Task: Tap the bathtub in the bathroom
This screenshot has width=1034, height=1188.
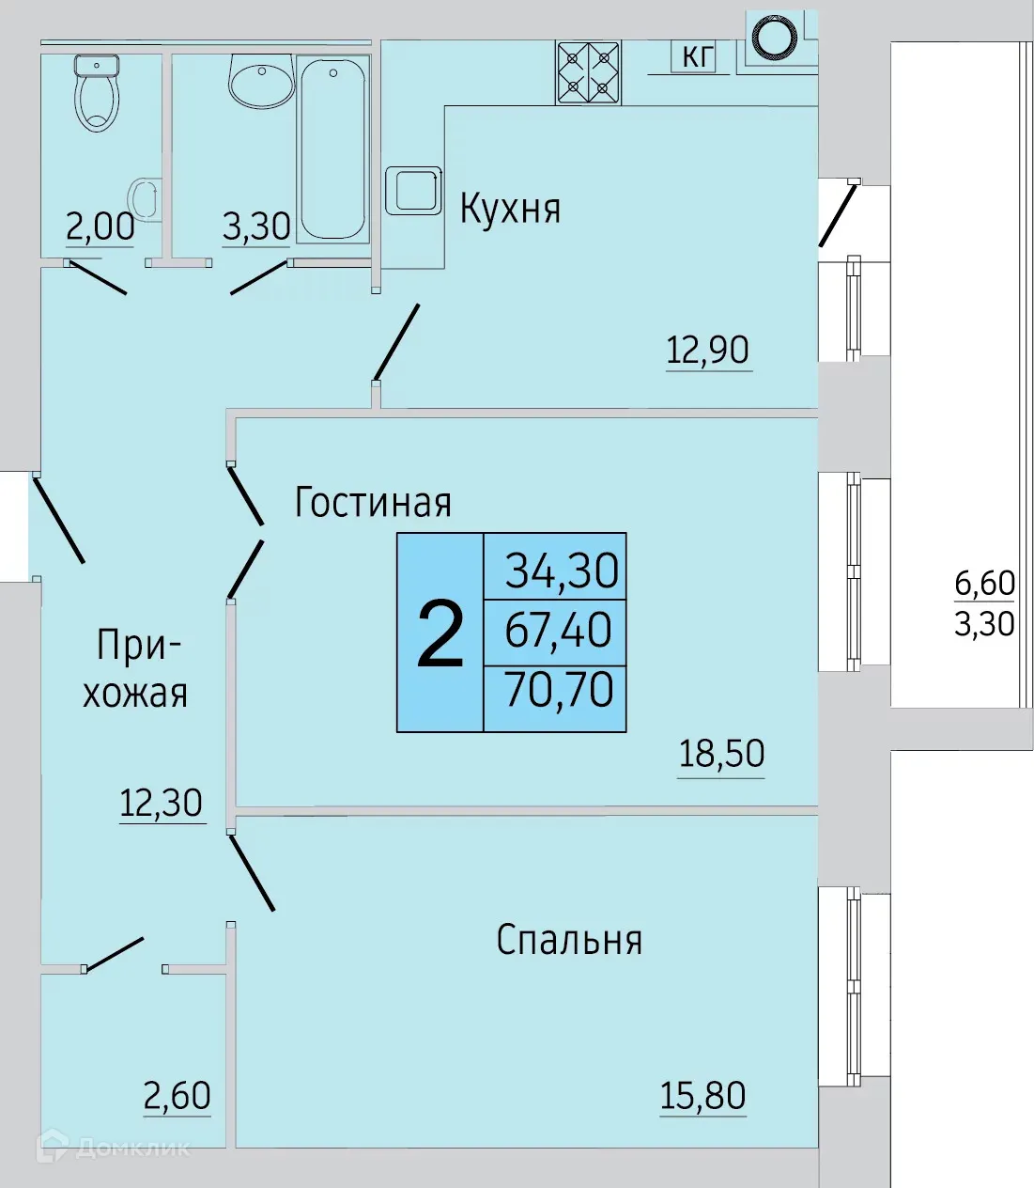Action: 332,148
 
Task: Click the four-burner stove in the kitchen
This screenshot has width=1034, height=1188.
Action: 588,71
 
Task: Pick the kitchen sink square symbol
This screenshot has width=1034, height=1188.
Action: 413,191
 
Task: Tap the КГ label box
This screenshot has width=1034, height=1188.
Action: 696,56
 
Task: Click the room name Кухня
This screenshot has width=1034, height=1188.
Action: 510,209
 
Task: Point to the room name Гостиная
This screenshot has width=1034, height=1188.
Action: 373,503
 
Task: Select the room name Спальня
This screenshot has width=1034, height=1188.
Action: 569,940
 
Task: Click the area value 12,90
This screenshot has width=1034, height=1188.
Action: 707,351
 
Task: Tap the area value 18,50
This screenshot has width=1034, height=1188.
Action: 721,754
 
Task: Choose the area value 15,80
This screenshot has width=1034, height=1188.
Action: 702,1096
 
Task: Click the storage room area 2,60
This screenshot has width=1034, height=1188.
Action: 177,1096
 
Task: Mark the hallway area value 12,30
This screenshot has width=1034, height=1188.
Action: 161,804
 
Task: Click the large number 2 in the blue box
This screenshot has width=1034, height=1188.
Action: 440,634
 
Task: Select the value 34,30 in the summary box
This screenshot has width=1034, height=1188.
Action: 562,570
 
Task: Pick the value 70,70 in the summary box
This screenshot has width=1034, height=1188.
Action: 559,690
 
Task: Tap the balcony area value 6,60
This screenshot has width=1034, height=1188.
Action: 984,584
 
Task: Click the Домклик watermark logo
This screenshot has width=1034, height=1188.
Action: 113,1147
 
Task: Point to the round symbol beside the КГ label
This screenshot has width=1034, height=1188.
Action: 777,39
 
